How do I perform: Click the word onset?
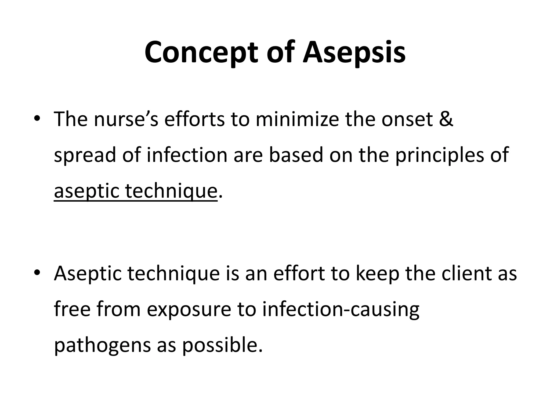tap(407, 119)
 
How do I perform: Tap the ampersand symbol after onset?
tap(446, 119)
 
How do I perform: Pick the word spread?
tap(85, 155)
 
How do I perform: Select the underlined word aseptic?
tap(86, 191)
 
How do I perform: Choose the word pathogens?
tap(102, 346)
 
